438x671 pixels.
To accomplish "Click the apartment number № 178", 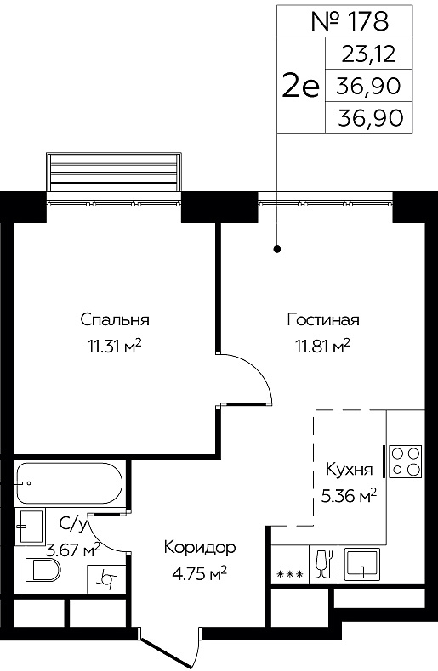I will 350,21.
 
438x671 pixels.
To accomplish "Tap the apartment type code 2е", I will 300,86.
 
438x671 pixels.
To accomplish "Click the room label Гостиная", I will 323,320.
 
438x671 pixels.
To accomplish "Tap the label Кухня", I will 348,470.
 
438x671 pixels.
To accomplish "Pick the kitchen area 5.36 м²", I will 348,493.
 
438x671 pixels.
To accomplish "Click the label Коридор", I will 200,547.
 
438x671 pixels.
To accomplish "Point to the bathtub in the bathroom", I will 69,483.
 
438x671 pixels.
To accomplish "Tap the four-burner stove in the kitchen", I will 404,461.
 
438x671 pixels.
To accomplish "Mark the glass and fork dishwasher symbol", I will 322,565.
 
